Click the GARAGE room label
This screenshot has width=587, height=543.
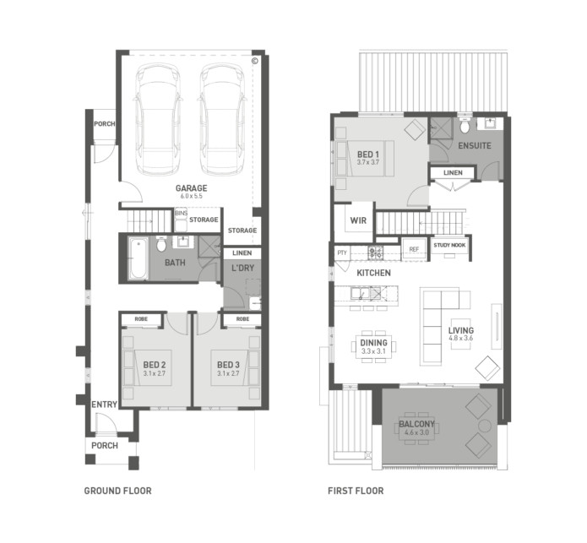tap(191, 187)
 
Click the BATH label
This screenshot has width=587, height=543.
tap(175, 263)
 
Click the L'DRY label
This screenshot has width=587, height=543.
tap(242, 269)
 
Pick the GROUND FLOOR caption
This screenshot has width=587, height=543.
tap(117, 491)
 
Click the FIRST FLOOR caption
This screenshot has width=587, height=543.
tap(355, 491)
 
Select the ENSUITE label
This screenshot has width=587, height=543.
tap(474, 146)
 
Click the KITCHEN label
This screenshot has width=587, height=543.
tap(372, 274)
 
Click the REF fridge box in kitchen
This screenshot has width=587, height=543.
tap(414, 249)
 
